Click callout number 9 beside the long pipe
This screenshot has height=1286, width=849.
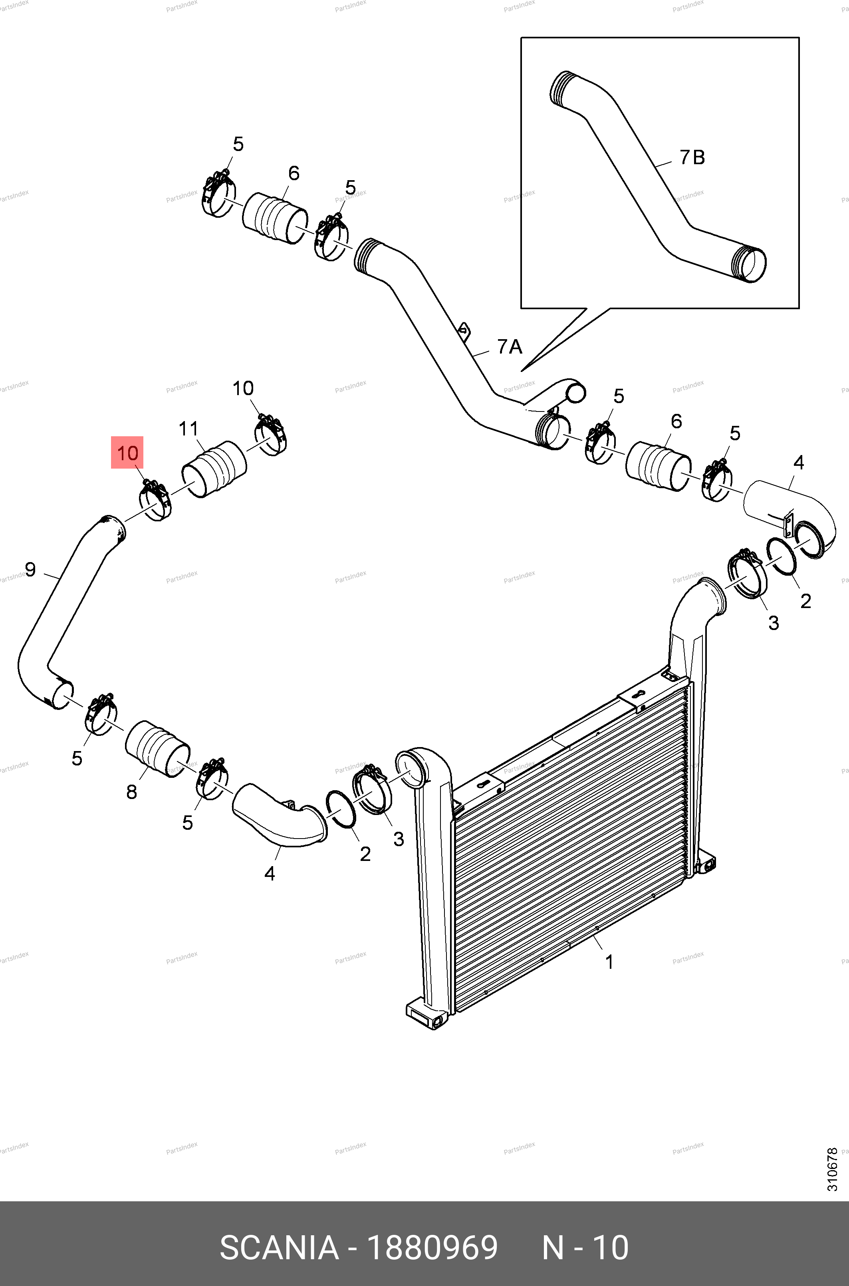tap(30, 569)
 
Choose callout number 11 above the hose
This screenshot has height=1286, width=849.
tap(188, 429)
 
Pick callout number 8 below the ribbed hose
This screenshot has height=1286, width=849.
tap(131, 791)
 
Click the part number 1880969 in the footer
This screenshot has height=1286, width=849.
tap(432, 1248)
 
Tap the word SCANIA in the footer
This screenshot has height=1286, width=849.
tap(279, 1248)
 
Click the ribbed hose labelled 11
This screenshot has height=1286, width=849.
tap(214, 469)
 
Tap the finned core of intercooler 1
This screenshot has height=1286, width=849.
tap(569, 851)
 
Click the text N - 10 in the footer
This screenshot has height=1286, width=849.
tap(585, 1248)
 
